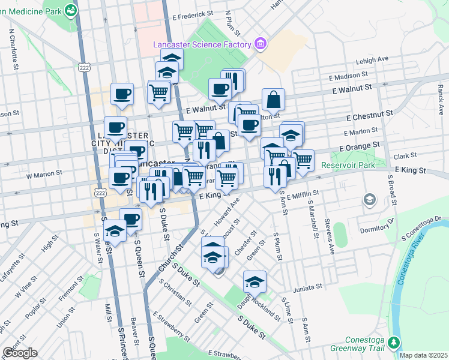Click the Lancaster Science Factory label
tap(201, 44)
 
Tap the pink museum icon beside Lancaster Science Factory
tap(260, 43)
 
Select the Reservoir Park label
tap(348, 165)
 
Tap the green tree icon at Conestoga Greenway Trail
tap(394, 343)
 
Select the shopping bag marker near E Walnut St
tap(273, 100)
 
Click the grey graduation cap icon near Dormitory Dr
tap(370, 199)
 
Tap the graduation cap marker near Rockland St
tap(255, 281)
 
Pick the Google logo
tap(20, 353)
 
